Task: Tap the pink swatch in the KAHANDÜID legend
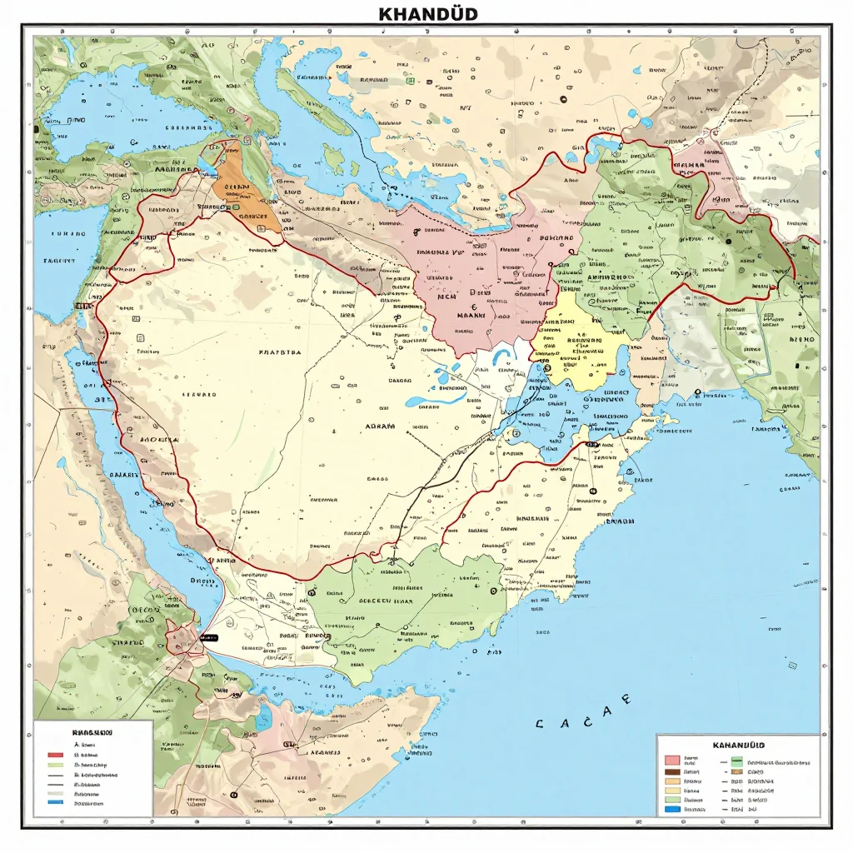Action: (672, 760)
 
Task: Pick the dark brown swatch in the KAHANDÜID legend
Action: (672, 772)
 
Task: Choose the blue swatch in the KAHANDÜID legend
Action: (672, 809)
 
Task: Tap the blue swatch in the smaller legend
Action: (56, 802)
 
